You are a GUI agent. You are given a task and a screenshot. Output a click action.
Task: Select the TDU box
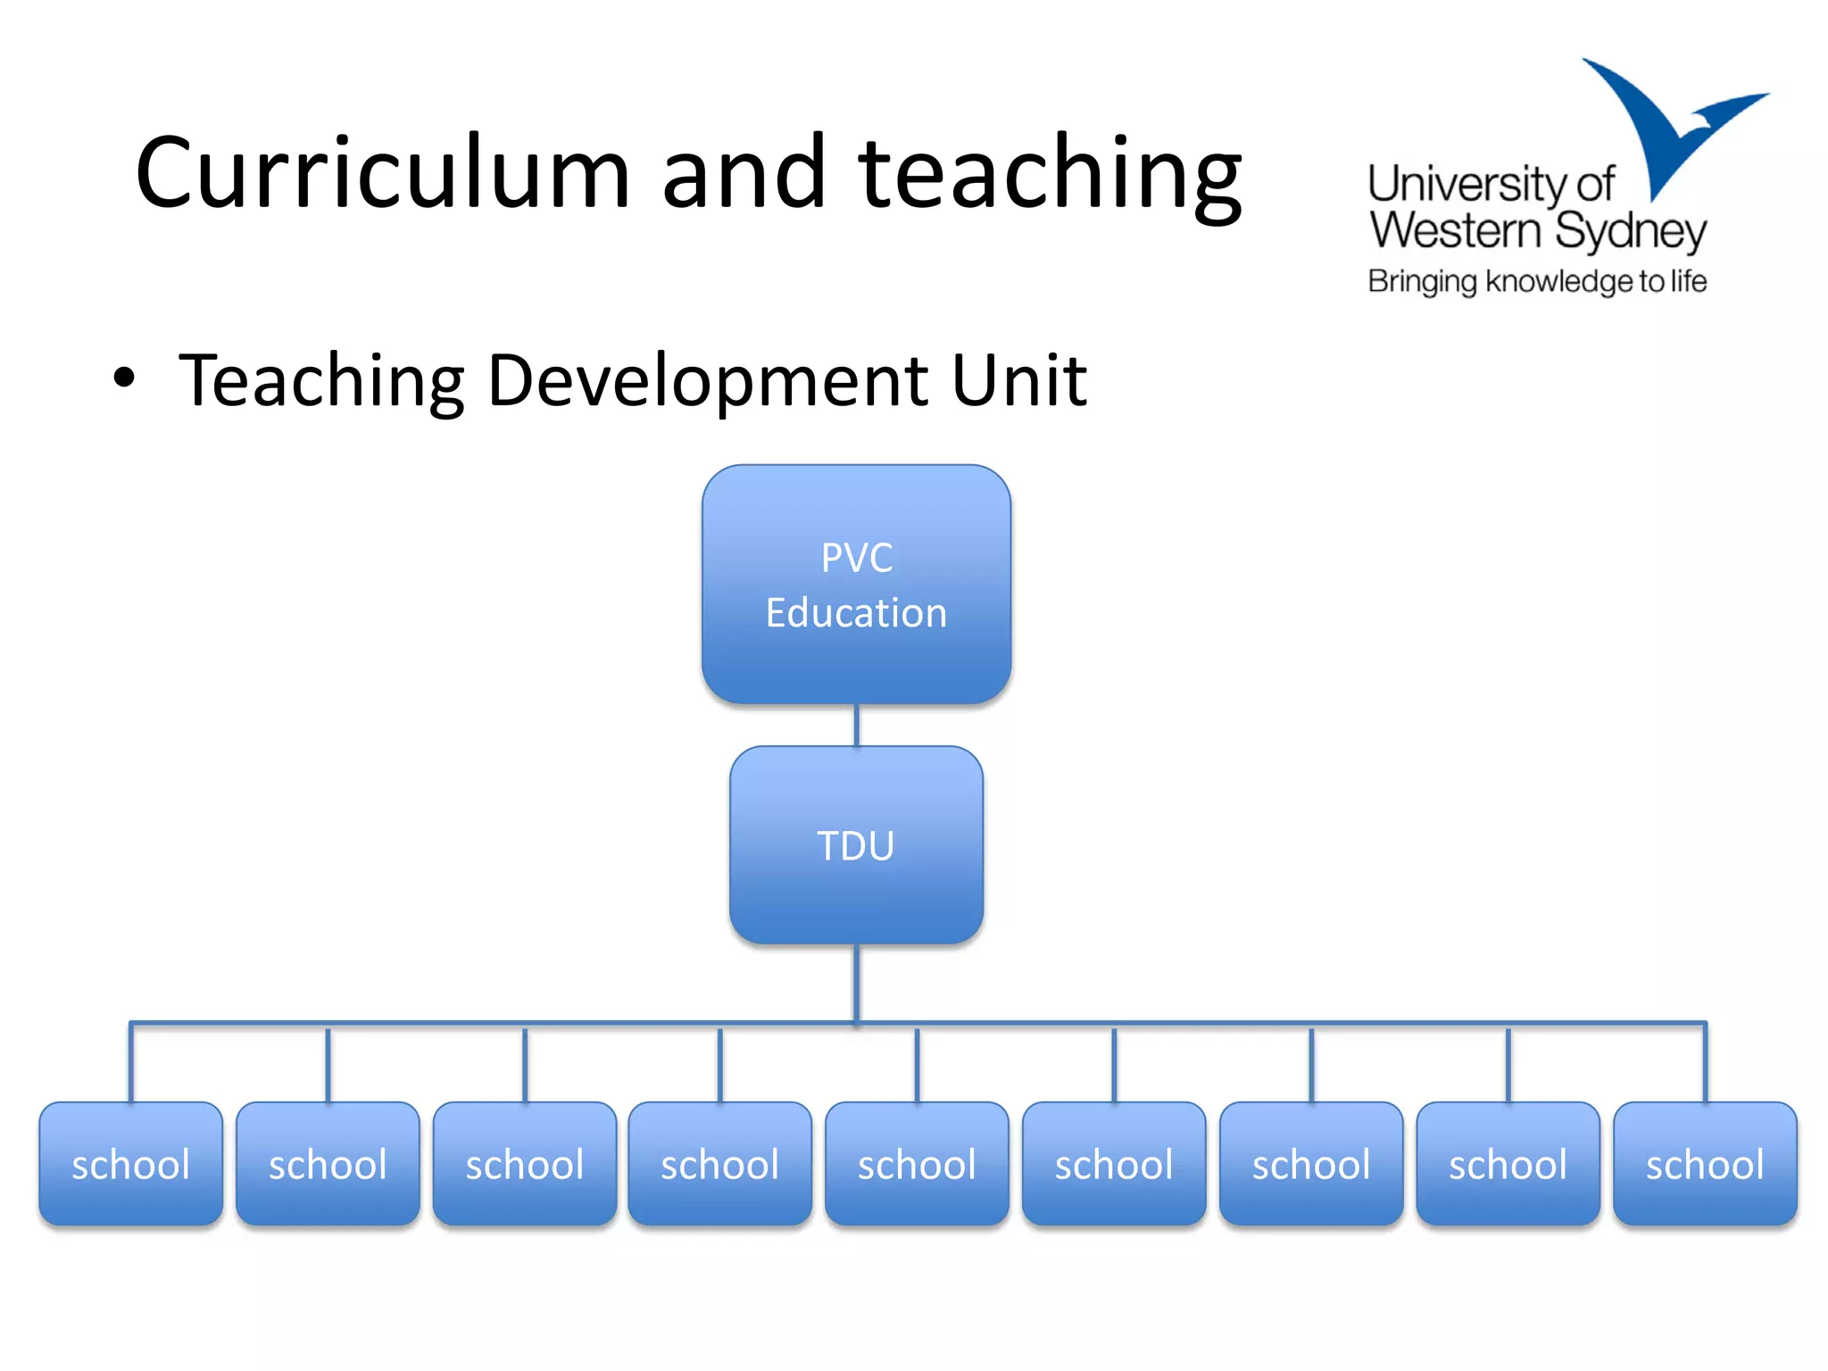[x=856, y=844]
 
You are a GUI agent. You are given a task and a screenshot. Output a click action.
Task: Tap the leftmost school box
[x=131, y=1163]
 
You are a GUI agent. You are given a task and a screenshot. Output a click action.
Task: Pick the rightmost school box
[x=1705, y=1163]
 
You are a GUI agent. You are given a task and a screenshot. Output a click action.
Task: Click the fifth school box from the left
[x=917, y=1163]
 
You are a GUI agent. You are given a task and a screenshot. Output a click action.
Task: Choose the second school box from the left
[x=328, y=1163]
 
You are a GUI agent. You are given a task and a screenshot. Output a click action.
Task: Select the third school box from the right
[x=1311, y=1163]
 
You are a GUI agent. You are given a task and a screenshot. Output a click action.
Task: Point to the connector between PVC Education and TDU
[x=856, y=725]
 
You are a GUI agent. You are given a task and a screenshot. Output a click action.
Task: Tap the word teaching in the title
[x=1050, y=174]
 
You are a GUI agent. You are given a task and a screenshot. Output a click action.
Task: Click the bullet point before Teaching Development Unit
[x=124, y=378]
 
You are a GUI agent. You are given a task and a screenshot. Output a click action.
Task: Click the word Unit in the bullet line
[x=1018, y=380]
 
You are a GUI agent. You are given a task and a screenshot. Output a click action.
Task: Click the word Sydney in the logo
[x=1630, y=232]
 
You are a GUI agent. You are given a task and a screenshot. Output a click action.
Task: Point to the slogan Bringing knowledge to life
[x=1536, y=281]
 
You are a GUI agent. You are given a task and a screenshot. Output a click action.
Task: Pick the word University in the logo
[x=1468, y=185]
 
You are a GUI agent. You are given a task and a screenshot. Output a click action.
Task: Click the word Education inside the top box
[x=856, y=613]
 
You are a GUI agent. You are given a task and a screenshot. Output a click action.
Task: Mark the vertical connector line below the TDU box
[x=856, y=982]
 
